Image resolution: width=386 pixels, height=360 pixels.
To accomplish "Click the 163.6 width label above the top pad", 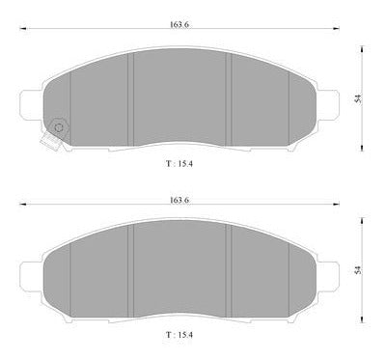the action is point(179,25).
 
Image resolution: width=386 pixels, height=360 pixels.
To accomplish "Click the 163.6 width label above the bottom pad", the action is point(179,200).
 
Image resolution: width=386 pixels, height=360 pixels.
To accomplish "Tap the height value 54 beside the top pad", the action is point(358,98).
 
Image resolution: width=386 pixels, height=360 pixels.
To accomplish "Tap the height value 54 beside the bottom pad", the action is point(358,270).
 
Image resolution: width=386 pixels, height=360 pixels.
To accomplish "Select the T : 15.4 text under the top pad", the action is point(179,163).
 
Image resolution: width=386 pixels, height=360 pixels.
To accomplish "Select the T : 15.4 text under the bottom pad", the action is point(179,335).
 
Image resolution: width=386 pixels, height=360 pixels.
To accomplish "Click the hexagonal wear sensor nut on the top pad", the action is point(59,126).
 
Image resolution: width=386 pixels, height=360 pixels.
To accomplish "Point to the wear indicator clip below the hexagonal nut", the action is point(50,142).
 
